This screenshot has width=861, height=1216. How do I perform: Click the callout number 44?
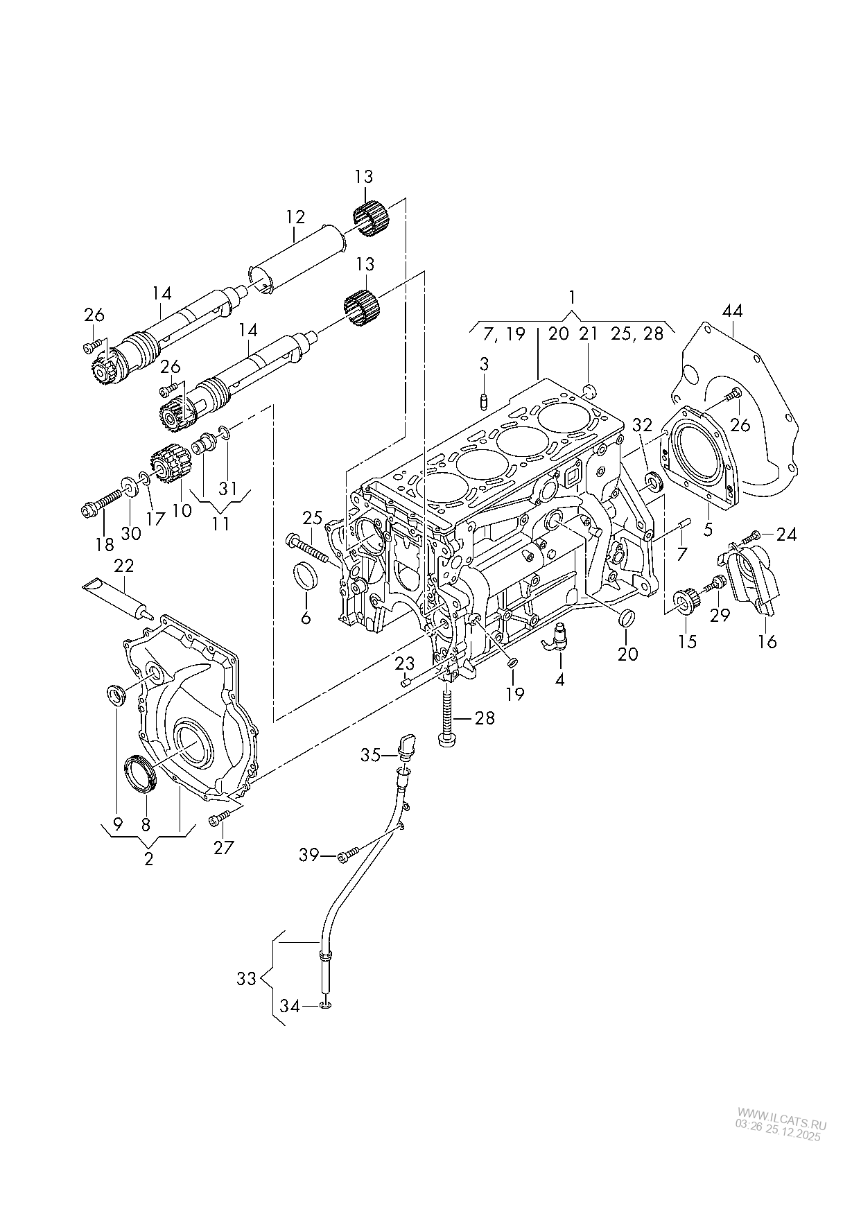click(732, 311)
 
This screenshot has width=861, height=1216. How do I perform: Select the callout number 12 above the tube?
click(295, 217)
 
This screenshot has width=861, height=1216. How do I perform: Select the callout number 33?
click(246, 979)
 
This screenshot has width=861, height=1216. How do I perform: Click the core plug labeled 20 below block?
click(626, 617)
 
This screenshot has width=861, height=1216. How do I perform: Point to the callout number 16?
click(767, 641)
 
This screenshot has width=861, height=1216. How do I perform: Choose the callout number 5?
click(708, 530)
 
